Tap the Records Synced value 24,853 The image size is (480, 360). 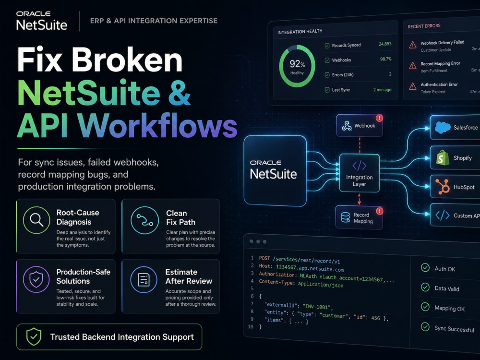click(385, 44)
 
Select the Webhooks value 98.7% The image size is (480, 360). click(386, 59)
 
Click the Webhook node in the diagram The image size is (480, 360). click(360, 125)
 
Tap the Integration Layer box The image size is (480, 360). click(360, 173)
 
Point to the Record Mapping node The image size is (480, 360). click(359, 217)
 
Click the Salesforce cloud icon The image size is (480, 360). click(443, 127)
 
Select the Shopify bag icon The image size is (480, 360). click(443, 157)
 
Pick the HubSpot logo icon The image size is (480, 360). click(443, 186)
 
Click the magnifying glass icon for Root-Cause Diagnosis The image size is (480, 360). click(36, 220)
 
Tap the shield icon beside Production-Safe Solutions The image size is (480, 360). click(36, 279)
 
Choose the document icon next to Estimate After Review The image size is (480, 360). click(144, 279)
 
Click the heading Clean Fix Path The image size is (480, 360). click(180, 217)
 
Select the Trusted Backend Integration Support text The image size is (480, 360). click(122, 337)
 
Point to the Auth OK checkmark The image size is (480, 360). click(425, 267)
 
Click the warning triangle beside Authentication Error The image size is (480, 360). click(413, 86)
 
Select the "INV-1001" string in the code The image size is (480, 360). click(317, 306)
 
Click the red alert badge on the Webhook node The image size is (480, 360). click(379, 118)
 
